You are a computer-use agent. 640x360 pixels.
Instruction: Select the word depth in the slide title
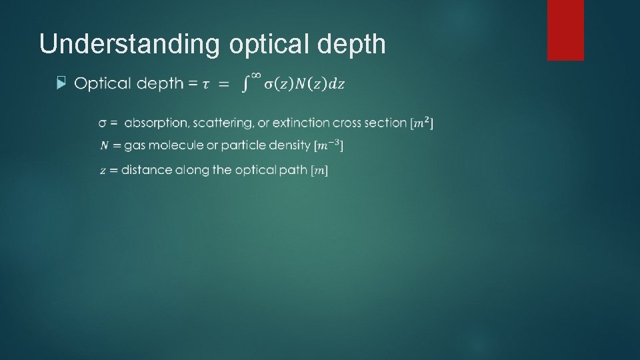click(354, 44)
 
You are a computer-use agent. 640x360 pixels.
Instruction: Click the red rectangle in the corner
click(565, 30)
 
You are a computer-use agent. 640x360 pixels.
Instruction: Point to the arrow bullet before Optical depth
click(62, 83)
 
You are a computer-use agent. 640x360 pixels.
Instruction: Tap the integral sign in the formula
click(247, 85)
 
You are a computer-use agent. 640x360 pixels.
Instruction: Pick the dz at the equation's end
click(338, 84)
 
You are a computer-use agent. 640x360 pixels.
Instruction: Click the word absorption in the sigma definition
click(156, 123)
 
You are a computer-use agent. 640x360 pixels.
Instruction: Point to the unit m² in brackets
click(422, 123)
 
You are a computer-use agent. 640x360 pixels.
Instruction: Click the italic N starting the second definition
click(105, 145)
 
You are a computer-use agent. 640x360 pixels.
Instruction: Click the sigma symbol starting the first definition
click(104, 123)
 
